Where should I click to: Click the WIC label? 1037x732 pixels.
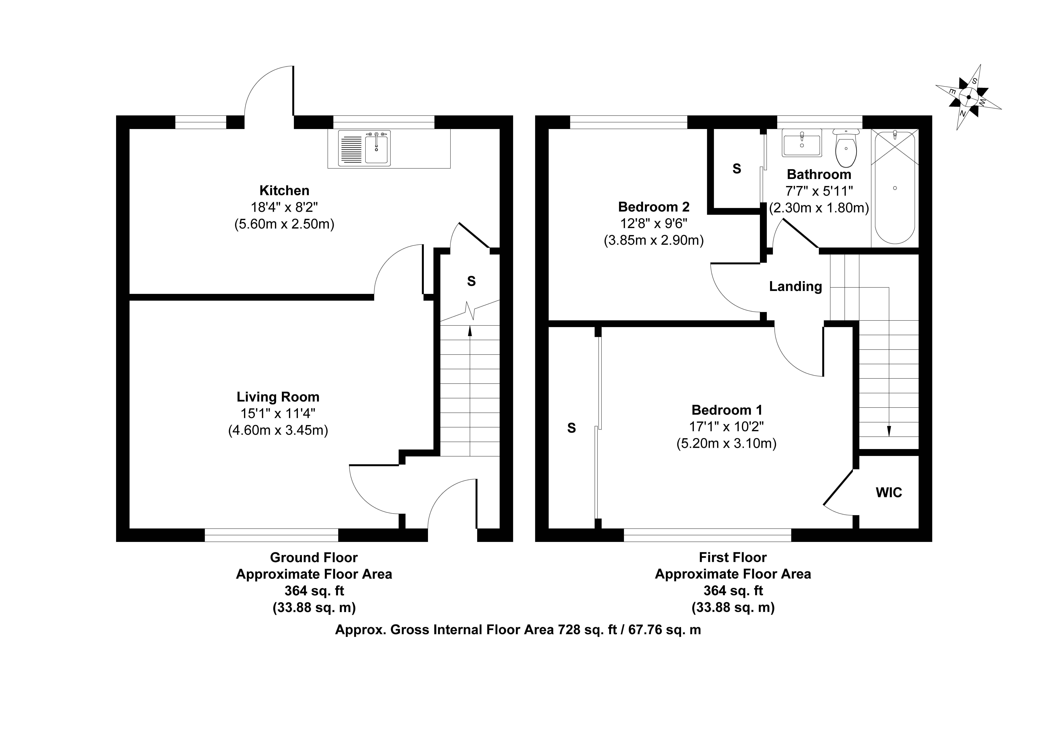coord(889,492)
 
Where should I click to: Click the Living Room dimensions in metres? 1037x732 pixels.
coord(278,430)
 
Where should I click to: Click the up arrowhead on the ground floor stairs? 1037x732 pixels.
coord(470,331)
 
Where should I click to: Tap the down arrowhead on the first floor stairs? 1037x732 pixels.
coord(889,432)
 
